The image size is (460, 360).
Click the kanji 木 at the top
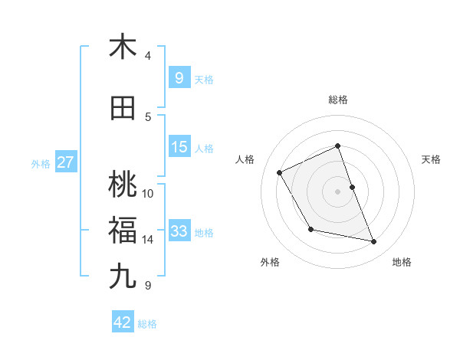pos(123,47)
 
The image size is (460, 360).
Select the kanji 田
pos(123,108)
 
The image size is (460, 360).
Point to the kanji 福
pos(123,229)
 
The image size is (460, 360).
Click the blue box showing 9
pos(179,78)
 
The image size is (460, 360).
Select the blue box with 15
pos(179,147)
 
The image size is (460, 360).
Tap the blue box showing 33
pos(179,231)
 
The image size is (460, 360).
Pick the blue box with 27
pos(65,162)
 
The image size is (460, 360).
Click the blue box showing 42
pos(123,322)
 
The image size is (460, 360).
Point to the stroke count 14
pos(148,240)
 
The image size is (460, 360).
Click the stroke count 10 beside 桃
pos(148,193)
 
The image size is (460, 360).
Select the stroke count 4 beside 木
pos(148,56)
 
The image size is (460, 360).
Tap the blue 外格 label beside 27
pos(40,164)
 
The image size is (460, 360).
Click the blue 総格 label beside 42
pos(147,324)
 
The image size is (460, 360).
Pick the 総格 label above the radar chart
pos(338,100)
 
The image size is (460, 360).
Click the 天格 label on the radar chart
pos(431,159)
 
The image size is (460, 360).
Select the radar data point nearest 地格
pos(374,242)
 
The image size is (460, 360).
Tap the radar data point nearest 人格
pos(280,172)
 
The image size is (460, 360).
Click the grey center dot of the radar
pos(338,191)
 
